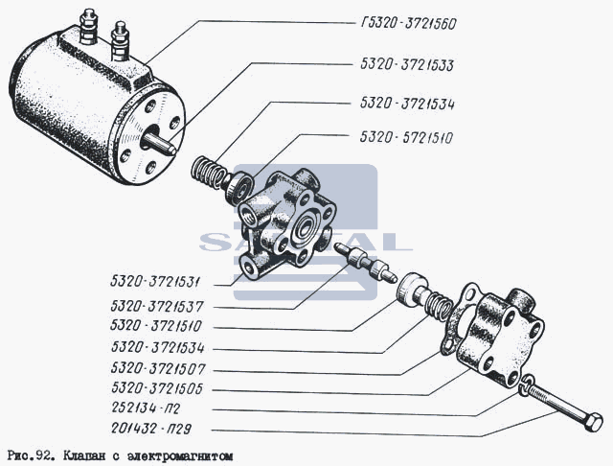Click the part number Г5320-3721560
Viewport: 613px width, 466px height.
click(408, 24)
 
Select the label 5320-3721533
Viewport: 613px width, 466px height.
click(407, 65)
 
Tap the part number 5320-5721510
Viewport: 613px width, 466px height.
click(406, 137)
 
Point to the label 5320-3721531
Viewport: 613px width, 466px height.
click(155, 282)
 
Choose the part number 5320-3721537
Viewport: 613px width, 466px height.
click(157, 306)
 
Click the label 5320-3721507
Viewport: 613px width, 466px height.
click(158, 368)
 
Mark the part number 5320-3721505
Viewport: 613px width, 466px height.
click(157, 388)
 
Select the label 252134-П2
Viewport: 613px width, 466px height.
click(146, 408)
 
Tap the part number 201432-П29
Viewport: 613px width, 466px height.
click(151, 429)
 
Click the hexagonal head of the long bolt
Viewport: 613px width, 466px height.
click(593, 422)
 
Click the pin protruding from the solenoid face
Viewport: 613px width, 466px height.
click(160, 143)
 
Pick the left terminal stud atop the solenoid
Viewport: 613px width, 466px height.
click(87, 27)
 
